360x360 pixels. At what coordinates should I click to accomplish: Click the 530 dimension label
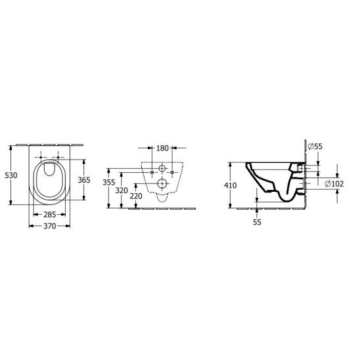tap(11, 175)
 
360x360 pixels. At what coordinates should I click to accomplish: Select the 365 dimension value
tap(84, 180)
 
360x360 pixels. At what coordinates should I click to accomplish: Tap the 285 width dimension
tap(49, 215)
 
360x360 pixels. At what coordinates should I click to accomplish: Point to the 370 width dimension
tap(49, 226)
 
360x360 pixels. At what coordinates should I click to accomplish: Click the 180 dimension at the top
tap(162, 148)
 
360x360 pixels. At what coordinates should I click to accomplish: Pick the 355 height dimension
tap(109, 183)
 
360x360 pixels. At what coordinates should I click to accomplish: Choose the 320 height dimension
tap(122, 191)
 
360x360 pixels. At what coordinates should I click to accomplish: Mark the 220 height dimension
tap(136, 196)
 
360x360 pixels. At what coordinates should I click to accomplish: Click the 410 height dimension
tap(231, 185)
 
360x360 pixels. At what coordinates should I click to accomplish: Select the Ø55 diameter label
tap(315, 146)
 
